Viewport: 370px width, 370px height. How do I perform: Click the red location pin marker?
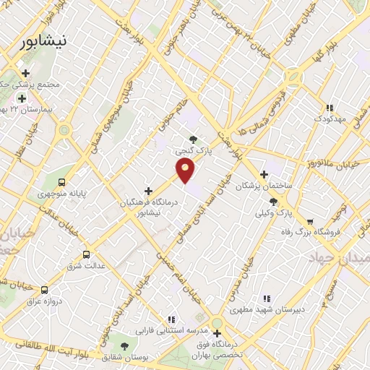[186, 171]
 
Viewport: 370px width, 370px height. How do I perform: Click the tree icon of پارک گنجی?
[192, 139]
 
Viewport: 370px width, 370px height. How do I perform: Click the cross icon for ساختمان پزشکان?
[264, 174]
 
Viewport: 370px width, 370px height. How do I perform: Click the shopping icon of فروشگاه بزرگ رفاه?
[310, 221]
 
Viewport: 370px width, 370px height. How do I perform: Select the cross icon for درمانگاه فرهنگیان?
[149, 191]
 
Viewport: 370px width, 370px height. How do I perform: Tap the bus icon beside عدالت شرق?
[87, 254]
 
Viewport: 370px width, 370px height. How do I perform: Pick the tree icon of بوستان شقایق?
[124, 348]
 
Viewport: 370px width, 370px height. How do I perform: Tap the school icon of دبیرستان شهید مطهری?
[266, 298]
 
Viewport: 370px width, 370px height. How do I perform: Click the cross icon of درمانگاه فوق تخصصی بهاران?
[217, 333]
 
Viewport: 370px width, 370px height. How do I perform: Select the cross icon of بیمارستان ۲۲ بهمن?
[22, 98]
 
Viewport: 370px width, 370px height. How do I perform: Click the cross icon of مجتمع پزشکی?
[26, 73]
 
